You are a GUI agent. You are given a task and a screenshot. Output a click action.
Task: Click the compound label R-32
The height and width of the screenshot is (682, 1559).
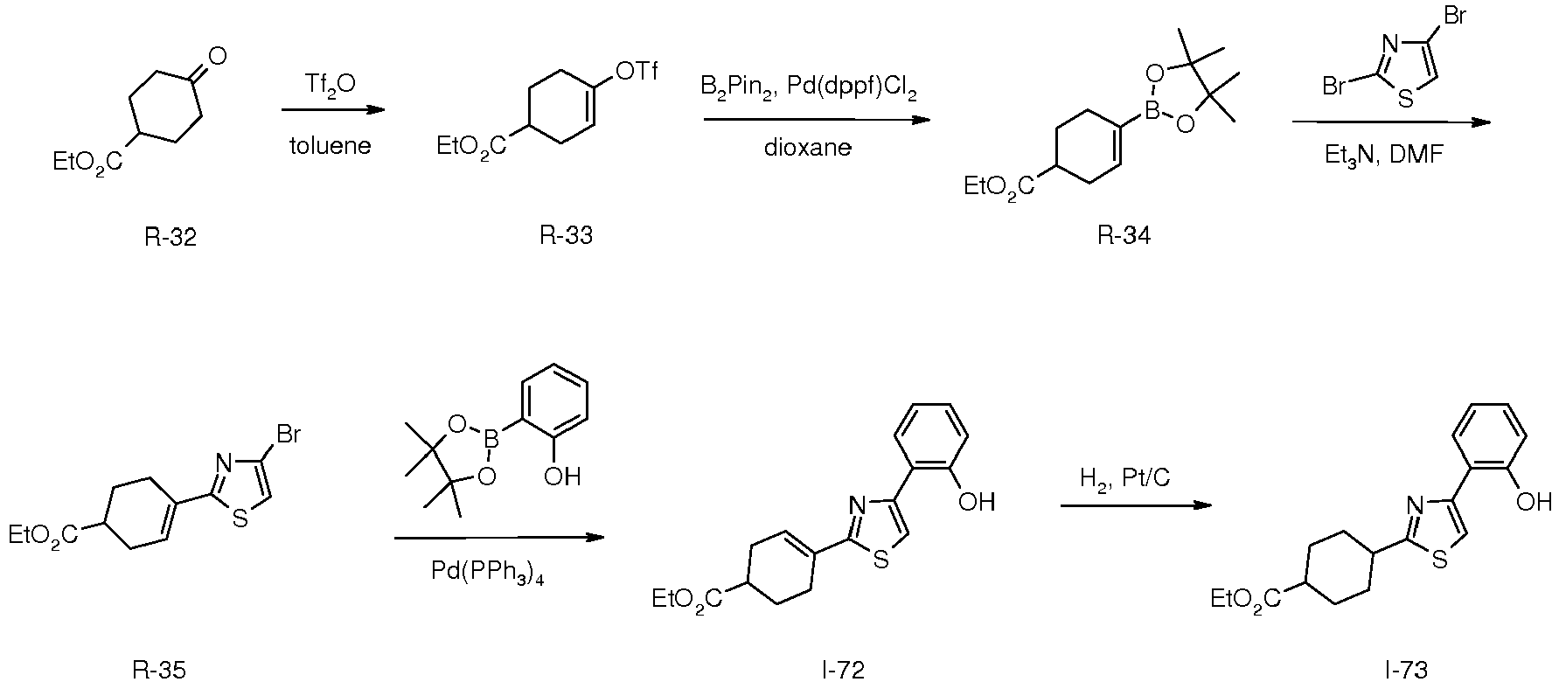click(171, 237)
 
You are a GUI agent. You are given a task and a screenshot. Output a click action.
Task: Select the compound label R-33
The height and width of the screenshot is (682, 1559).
click(566, 236)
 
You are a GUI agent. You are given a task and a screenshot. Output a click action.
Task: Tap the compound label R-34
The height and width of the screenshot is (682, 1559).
click(1124, 237)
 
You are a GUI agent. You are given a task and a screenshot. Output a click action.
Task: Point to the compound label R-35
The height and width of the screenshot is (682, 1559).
click(159, 670)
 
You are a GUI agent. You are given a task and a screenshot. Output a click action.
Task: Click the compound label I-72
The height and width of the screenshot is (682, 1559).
click(843, 670)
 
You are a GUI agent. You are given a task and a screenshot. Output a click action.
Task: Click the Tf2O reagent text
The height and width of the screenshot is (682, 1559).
click(330, 85)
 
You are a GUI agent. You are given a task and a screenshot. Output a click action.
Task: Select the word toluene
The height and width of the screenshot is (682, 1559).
click(331, 145)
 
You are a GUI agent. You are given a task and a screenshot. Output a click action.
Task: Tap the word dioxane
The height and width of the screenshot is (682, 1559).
click(808, 147)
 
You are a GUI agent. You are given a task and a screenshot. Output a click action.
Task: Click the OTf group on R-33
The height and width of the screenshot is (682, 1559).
click(637, 72)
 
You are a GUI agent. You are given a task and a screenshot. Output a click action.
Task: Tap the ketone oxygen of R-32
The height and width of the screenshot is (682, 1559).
click(217, 57)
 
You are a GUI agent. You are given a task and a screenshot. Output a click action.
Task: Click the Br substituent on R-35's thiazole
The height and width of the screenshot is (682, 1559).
click(290, 434)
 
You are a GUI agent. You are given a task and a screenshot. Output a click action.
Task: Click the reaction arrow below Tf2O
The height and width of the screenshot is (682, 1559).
click(333, 110)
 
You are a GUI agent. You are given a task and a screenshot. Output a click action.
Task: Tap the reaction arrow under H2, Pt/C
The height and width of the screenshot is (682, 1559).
click(1137, 505)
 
